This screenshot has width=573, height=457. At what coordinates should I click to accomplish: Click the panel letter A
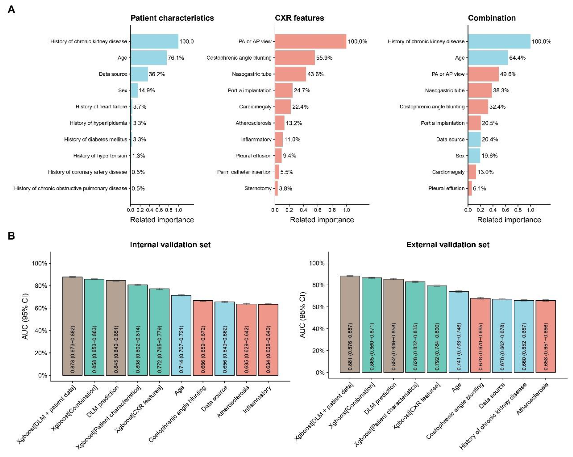point(11,9)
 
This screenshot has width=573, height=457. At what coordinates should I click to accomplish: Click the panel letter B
point(11,236)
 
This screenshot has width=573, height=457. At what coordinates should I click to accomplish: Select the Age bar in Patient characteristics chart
point(149,58)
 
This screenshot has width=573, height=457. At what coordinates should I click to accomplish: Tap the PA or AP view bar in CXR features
point(310,41)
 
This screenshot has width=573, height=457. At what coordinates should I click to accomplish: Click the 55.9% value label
point(324,58)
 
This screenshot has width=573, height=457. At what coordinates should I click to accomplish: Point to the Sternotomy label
point(258,188)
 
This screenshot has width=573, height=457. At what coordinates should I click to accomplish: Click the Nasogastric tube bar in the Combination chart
point(480,90)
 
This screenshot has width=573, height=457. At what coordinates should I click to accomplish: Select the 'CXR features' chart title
point(299,18)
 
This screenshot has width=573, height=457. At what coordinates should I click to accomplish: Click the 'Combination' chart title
point(492,18)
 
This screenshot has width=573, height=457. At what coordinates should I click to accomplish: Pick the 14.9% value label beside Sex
point(147,90)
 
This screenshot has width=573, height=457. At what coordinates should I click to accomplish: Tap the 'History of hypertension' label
point(100,156)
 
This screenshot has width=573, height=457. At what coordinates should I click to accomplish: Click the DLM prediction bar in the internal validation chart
point(116,328)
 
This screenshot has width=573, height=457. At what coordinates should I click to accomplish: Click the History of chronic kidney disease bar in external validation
point(524,336)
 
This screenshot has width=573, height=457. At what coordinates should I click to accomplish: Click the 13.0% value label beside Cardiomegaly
point(485,172)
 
